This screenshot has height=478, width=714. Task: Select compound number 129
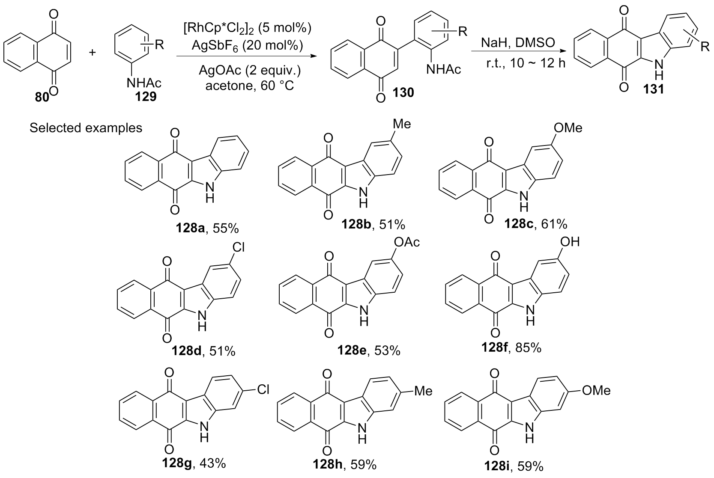(146, 96)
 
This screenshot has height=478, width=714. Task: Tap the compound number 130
(403, 93)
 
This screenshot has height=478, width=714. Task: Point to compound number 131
(653, 89)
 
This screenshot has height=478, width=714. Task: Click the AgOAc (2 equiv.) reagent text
(250, 70)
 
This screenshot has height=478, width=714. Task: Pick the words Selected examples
(86, 128)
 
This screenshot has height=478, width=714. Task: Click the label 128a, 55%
(207, 228)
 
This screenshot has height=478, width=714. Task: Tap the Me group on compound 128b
(402, 124)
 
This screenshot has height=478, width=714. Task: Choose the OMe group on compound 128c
(568, 128)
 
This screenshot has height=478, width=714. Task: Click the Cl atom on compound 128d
(239, 247)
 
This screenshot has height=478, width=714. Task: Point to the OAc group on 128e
(407, 243)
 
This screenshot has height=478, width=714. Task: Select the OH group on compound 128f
(570, 242)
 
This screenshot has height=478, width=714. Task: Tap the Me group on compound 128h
(423, 391)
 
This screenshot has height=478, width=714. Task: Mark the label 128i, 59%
(514, 466)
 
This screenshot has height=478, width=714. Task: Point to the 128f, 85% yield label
(511, 348)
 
